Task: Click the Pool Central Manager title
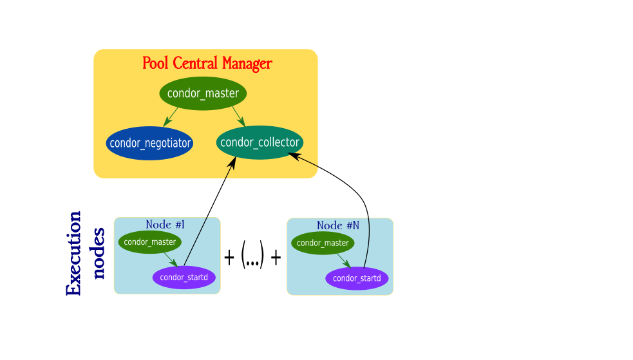click(x=207, y=64)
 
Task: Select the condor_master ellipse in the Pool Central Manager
click(x=203, y=93)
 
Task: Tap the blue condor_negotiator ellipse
click(x=149, y=143)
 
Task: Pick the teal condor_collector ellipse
click(x=260, y=142)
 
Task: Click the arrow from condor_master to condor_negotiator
click(x=171, y=117)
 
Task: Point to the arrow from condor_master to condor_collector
click(x=238, y=117)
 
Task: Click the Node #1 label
click(x=165, y=225)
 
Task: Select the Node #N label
click(x=337, y=226)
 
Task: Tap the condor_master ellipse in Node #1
click(x=150, y=242)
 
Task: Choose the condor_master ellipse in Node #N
click(x=323, y=243)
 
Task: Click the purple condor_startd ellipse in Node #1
click(x=184, y=278)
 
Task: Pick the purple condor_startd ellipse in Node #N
click(x=357, y=278)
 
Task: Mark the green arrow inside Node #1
click(x=171, y=260)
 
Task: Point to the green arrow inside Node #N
click(x=344, y=260)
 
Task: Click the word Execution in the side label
click(x=74, y=253)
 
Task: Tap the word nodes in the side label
click(x=98, y=253)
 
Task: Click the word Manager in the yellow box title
click(x=247, y=64)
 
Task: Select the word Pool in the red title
click(x=155, y=64)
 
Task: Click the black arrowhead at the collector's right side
click(x=294, y=155)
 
